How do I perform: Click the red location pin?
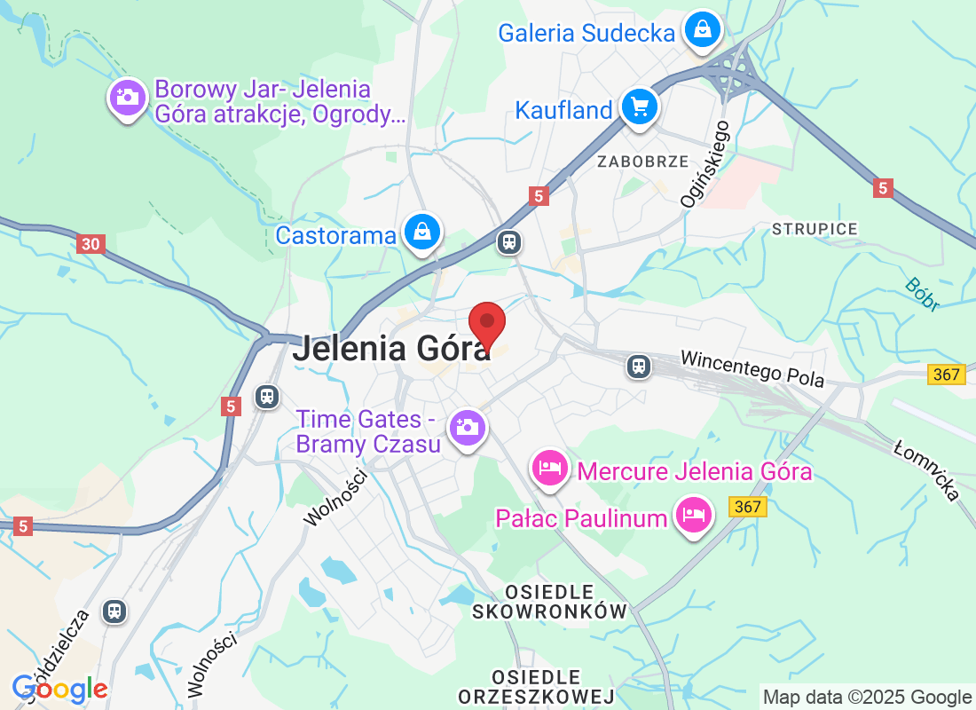click(486, 325)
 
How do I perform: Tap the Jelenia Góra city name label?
click(391, 348)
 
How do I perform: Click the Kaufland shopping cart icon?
click(639, 107)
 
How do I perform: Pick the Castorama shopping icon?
click(423, 233)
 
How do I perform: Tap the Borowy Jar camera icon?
click(128, 96)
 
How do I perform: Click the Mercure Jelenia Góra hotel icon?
click(550, 468)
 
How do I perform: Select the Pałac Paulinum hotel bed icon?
click(694, 515)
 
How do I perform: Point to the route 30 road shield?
click(90, 243)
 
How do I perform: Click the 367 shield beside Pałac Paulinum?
click(748, 507)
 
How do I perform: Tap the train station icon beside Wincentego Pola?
click(638, 365)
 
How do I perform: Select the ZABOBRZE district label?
click(642, 162)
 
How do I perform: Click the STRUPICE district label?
click(815, 229)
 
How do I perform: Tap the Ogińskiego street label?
click(705, 165)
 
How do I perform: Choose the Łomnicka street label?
click(926, 470)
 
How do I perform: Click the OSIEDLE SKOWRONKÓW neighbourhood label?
click(550, 602)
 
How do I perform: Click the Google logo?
click(60, 689)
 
